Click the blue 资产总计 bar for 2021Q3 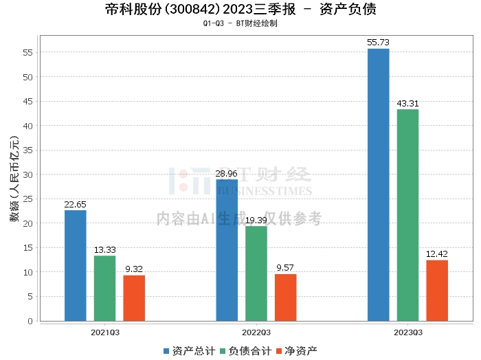pos(76,265)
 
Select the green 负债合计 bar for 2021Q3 pos(104,288)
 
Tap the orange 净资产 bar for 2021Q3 pos(134,297)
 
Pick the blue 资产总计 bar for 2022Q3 pos(227,250)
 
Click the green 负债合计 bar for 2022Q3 pos(256,273)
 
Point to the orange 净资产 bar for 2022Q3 pos(286,297)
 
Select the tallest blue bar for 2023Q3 pos(379,185)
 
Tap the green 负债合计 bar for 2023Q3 pos(407,215)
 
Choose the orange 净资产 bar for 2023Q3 pos(437,290)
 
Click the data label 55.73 pos(379,43)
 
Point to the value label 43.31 pos(407,103)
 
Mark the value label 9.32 pos(134,269)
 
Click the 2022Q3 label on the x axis pos(256,332)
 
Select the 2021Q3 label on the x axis pos(104,332)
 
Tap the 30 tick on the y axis pos(27,175)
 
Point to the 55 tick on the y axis pos(27,52)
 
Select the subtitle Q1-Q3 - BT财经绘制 pos(240,23)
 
